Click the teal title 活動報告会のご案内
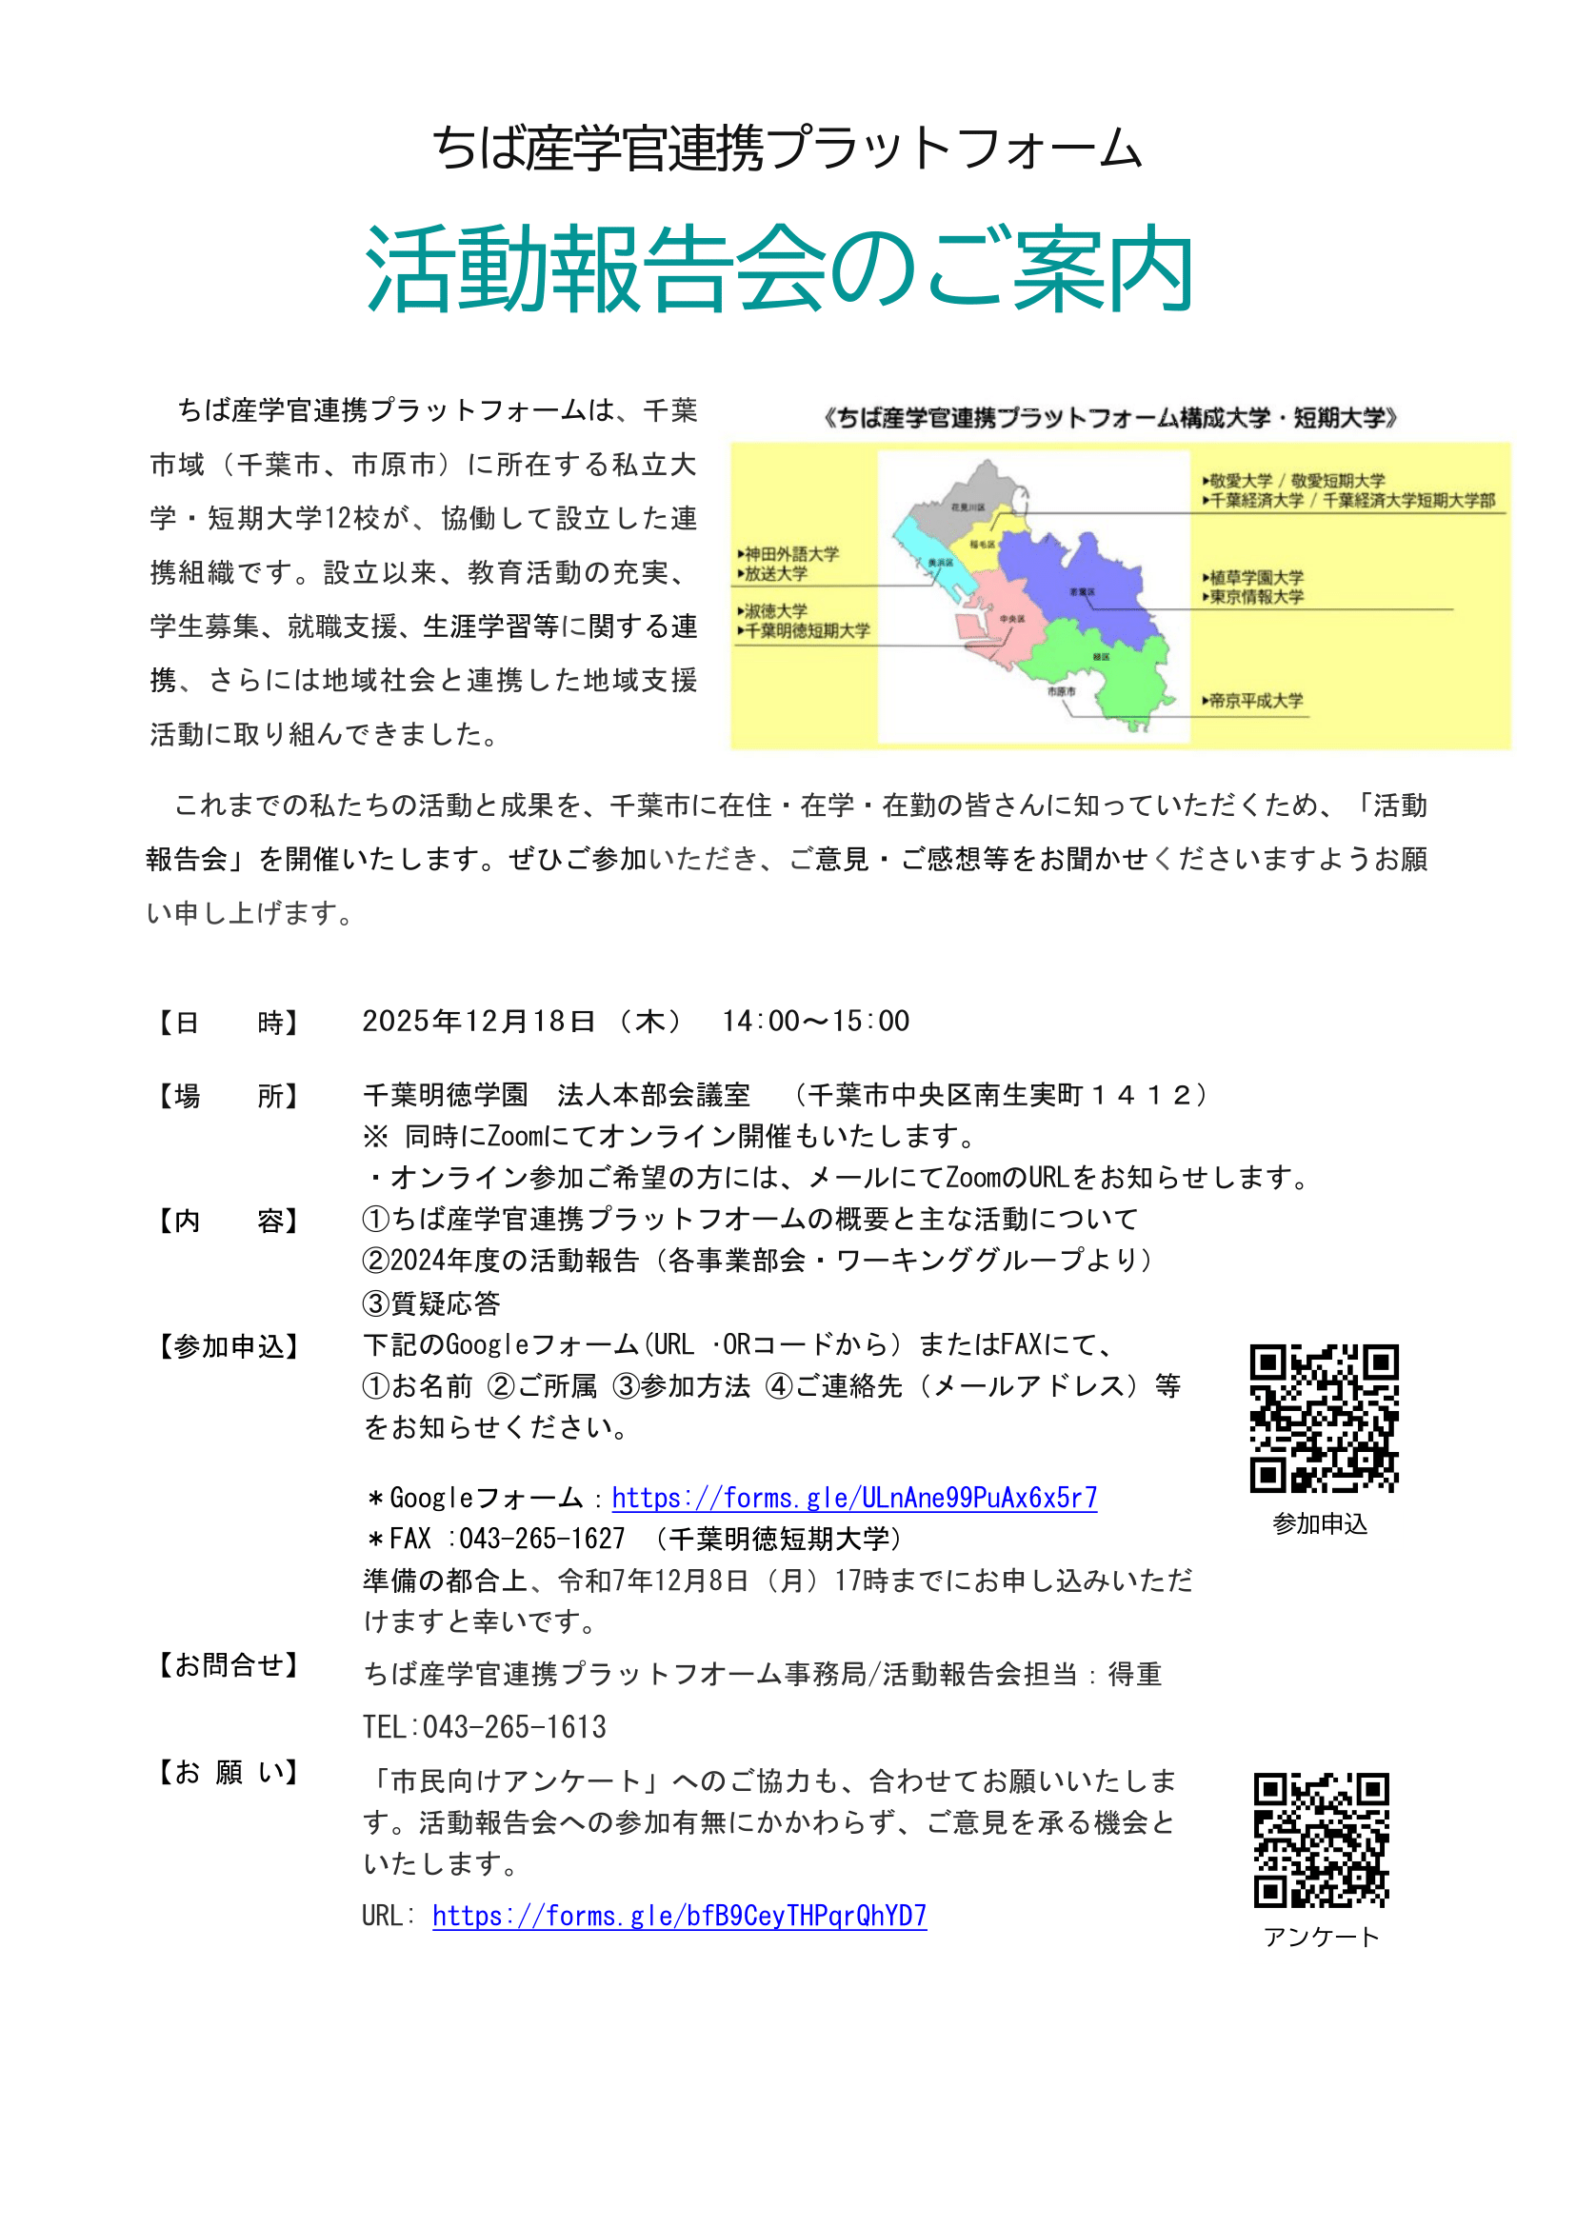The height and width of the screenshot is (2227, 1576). pyautogui.click(x=778, y=270)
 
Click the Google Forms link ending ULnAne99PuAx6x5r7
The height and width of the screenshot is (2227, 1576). pyautogui.click(x=854, y=1498)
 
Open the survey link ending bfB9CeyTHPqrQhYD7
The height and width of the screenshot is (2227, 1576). pyautogui.click(x=679, y=1916)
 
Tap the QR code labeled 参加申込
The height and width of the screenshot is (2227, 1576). pyautogui.click(x=1324, y=1418)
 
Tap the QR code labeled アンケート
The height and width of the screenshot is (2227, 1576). pyautogui.click(x=1321, y=1839)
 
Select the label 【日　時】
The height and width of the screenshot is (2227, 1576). pyautogui.click(x=228, y=1023)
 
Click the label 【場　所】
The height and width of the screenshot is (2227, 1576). pyautogui.click(x=228, y=1097)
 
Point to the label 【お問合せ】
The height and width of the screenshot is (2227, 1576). pyautogui.click(x=228, y=1665)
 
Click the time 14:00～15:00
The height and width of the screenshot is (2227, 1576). pyautogui.click(x=815, y=1021)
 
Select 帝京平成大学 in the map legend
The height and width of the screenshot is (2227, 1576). pyautogui.click(x=1256, y=701)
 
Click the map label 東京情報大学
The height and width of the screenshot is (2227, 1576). pyautogui.click(x=1257, y=597)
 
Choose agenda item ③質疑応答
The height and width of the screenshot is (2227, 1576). pyautogui.click(x=431, y=1303)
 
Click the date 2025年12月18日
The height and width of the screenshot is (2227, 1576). pyautogui.click(x=478, y=1021)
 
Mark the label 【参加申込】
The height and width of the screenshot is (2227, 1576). pyautogui.click(x=228, y=1347)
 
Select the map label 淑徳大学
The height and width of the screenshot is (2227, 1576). pyautogui.click(x=775, y=611)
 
